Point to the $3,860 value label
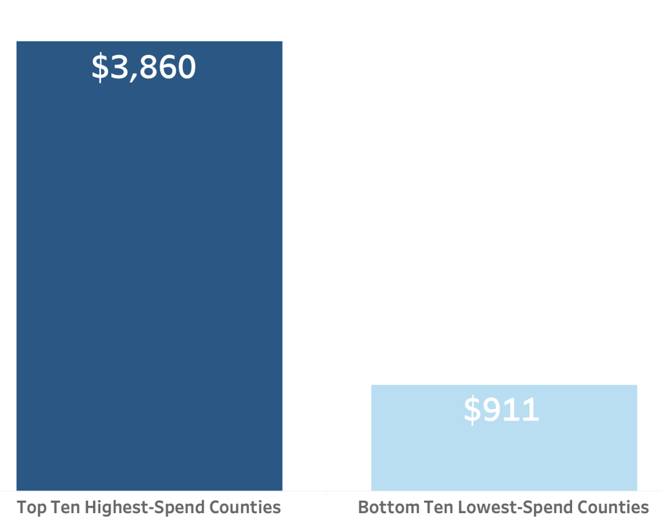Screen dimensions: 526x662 (143, 67)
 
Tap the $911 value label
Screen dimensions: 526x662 (502, 410)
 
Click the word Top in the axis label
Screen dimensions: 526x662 (30, 507)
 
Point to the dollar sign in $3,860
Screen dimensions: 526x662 (100, 67)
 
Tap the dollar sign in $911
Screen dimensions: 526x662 (473, 410)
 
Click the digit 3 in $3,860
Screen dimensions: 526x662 (119, 67)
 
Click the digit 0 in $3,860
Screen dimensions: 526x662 (186, 67)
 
